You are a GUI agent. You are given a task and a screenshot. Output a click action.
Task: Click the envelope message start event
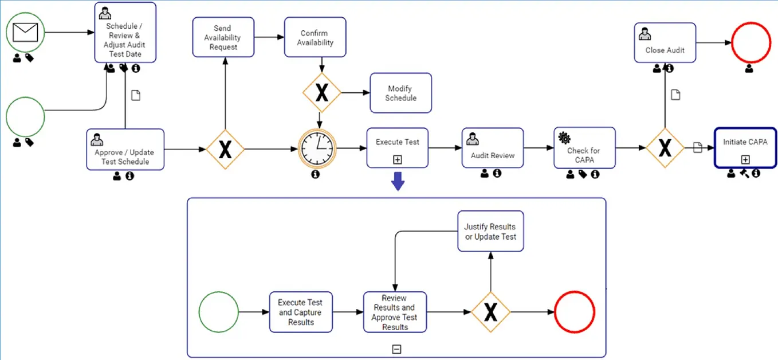25,32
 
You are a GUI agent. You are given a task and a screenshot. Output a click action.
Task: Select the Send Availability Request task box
223,37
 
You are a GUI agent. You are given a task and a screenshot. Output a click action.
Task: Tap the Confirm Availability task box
315,37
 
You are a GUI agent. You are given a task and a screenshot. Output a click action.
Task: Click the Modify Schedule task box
400,93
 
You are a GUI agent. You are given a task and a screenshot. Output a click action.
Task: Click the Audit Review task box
492,148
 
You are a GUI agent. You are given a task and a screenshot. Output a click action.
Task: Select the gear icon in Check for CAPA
564,138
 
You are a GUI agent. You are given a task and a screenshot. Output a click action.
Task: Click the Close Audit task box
665,43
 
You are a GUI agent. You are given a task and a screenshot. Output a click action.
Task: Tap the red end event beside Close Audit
751,43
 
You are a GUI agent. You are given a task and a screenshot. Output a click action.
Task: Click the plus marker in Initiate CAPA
745,159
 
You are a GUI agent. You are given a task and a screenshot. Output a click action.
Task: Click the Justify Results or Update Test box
490,231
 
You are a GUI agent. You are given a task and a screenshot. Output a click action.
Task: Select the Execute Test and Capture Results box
301,312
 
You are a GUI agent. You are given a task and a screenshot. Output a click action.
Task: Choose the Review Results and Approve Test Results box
395,312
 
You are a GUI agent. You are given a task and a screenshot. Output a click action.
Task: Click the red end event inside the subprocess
574,312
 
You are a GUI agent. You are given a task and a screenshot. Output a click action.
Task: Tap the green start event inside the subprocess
218,312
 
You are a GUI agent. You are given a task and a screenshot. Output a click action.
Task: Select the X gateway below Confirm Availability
322,92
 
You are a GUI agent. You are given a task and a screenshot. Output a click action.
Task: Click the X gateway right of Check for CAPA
665,148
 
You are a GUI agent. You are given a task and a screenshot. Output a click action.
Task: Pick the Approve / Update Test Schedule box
125,150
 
